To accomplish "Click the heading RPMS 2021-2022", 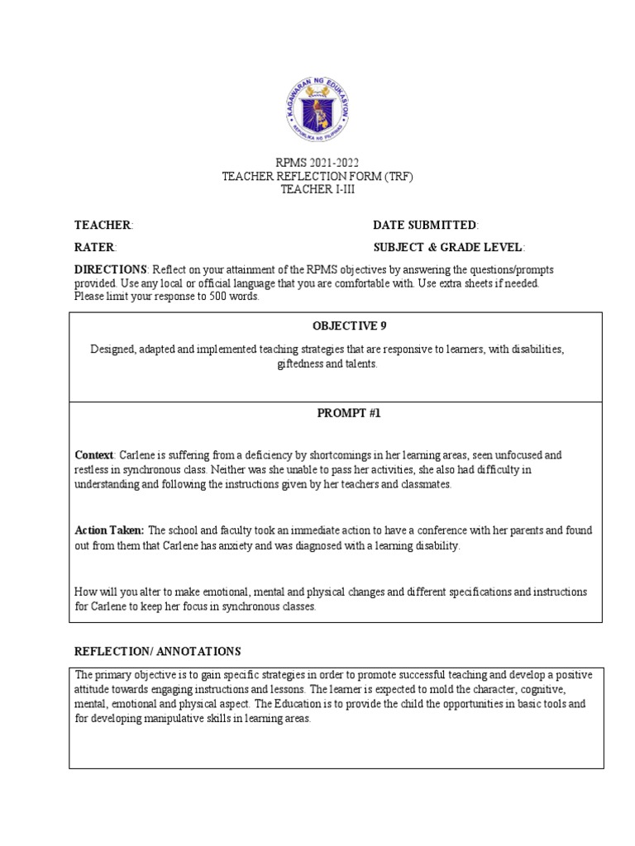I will click(x=317, y=162).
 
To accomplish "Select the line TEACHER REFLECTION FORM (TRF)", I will click(x=317, y=175).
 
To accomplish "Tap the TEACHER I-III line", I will click(x=317, y=188).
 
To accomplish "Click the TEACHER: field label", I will click(x=103, y=225).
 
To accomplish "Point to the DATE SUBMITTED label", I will click(x=426, y=225).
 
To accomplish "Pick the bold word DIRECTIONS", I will click(x=111, y=270).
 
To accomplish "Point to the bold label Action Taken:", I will click(x=109, y=530).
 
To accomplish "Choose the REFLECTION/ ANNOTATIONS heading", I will click(x=158, y=652).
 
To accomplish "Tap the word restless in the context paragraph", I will click(x=93, y=469).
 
